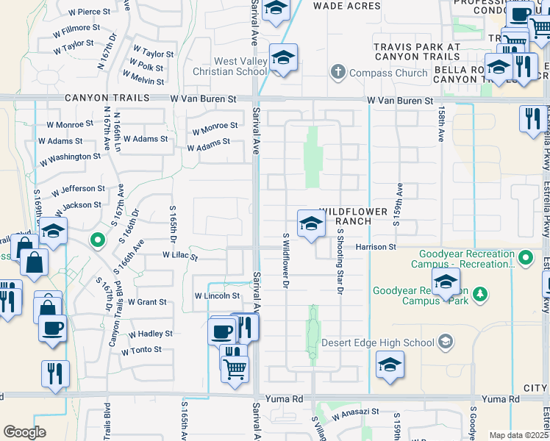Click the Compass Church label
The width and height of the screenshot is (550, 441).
[388, 73]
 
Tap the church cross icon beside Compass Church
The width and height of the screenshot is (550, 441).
[337, 73]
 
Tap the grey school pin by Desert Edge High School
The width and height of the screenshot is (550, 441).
[445, 341]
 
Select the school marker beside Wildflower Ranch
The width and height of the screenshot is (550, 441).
[311, 223]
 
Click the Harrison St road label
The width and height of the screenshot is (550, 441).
[376, 247]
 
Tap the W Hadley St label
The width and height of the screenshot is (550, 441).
[150, 333]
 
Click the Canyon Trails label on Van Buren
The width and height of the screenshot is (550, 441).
[107, 97]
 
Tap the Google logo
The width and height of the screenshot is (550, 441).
[24, 432]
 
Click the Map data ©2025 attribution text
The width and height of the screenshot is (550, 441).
[518, 435]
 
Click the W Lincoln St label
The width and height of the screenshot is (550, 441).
[217, 295]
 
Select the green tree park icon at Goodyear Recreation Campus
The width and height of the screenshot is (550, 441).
[480, 294]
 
